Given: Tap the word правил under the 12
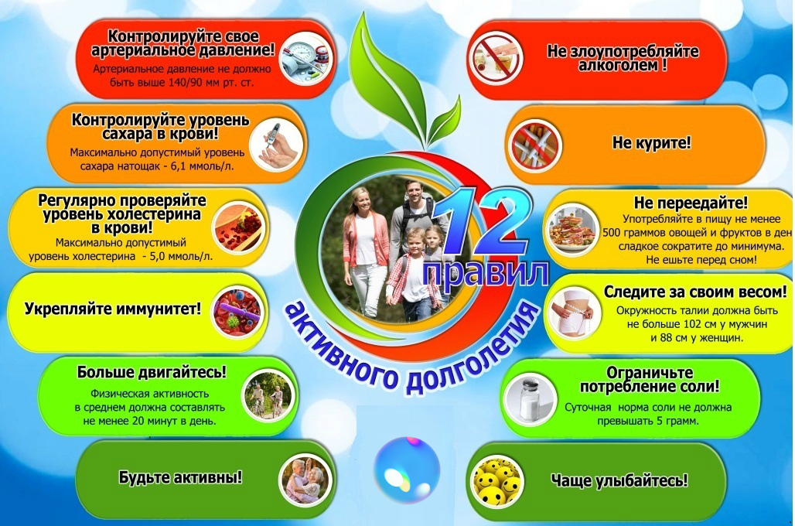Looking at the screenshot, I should (x=486, y=274).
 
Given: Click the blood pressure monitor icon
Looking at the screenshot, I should (x=304, y=56).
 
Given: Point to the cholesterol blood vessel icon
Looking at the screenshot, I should (x=240, y=227).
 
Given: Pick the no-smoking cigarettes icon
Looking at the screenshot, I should (x=533, y=143).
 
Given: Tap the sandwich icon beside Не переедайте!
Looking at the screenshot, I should (x=571, y=229).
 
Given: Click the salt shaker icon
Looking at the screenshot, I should (x=531, y=400).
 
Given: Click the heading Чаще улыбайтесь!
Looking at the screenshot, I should (x=619, y=480).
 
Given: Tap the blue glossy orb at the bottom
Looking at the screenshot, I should (x=406, y=470).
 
